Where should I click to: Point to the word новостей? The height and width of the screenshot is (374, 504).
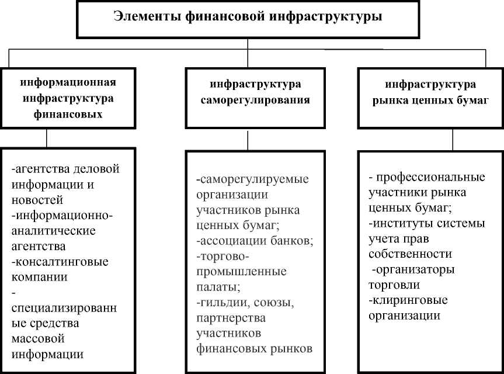click(x=33, y=199)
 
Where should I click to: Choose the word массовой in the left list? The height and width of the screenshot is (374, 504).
click(x=37, y=338)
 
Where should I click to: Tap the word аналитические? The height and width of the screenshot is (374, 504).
click(x=53, y=230)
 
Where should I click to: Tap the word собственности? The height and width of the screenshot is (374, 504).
click(x=410, y=255)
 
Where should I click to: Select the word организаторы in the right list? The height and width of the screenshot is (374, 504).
click(x=416, y=270)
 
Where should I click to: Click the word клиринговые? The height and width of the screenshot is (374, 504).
click(x=409, y=301)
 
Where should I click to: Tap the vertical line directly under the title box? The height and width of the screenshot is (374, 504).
click(x=248, y=43)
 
